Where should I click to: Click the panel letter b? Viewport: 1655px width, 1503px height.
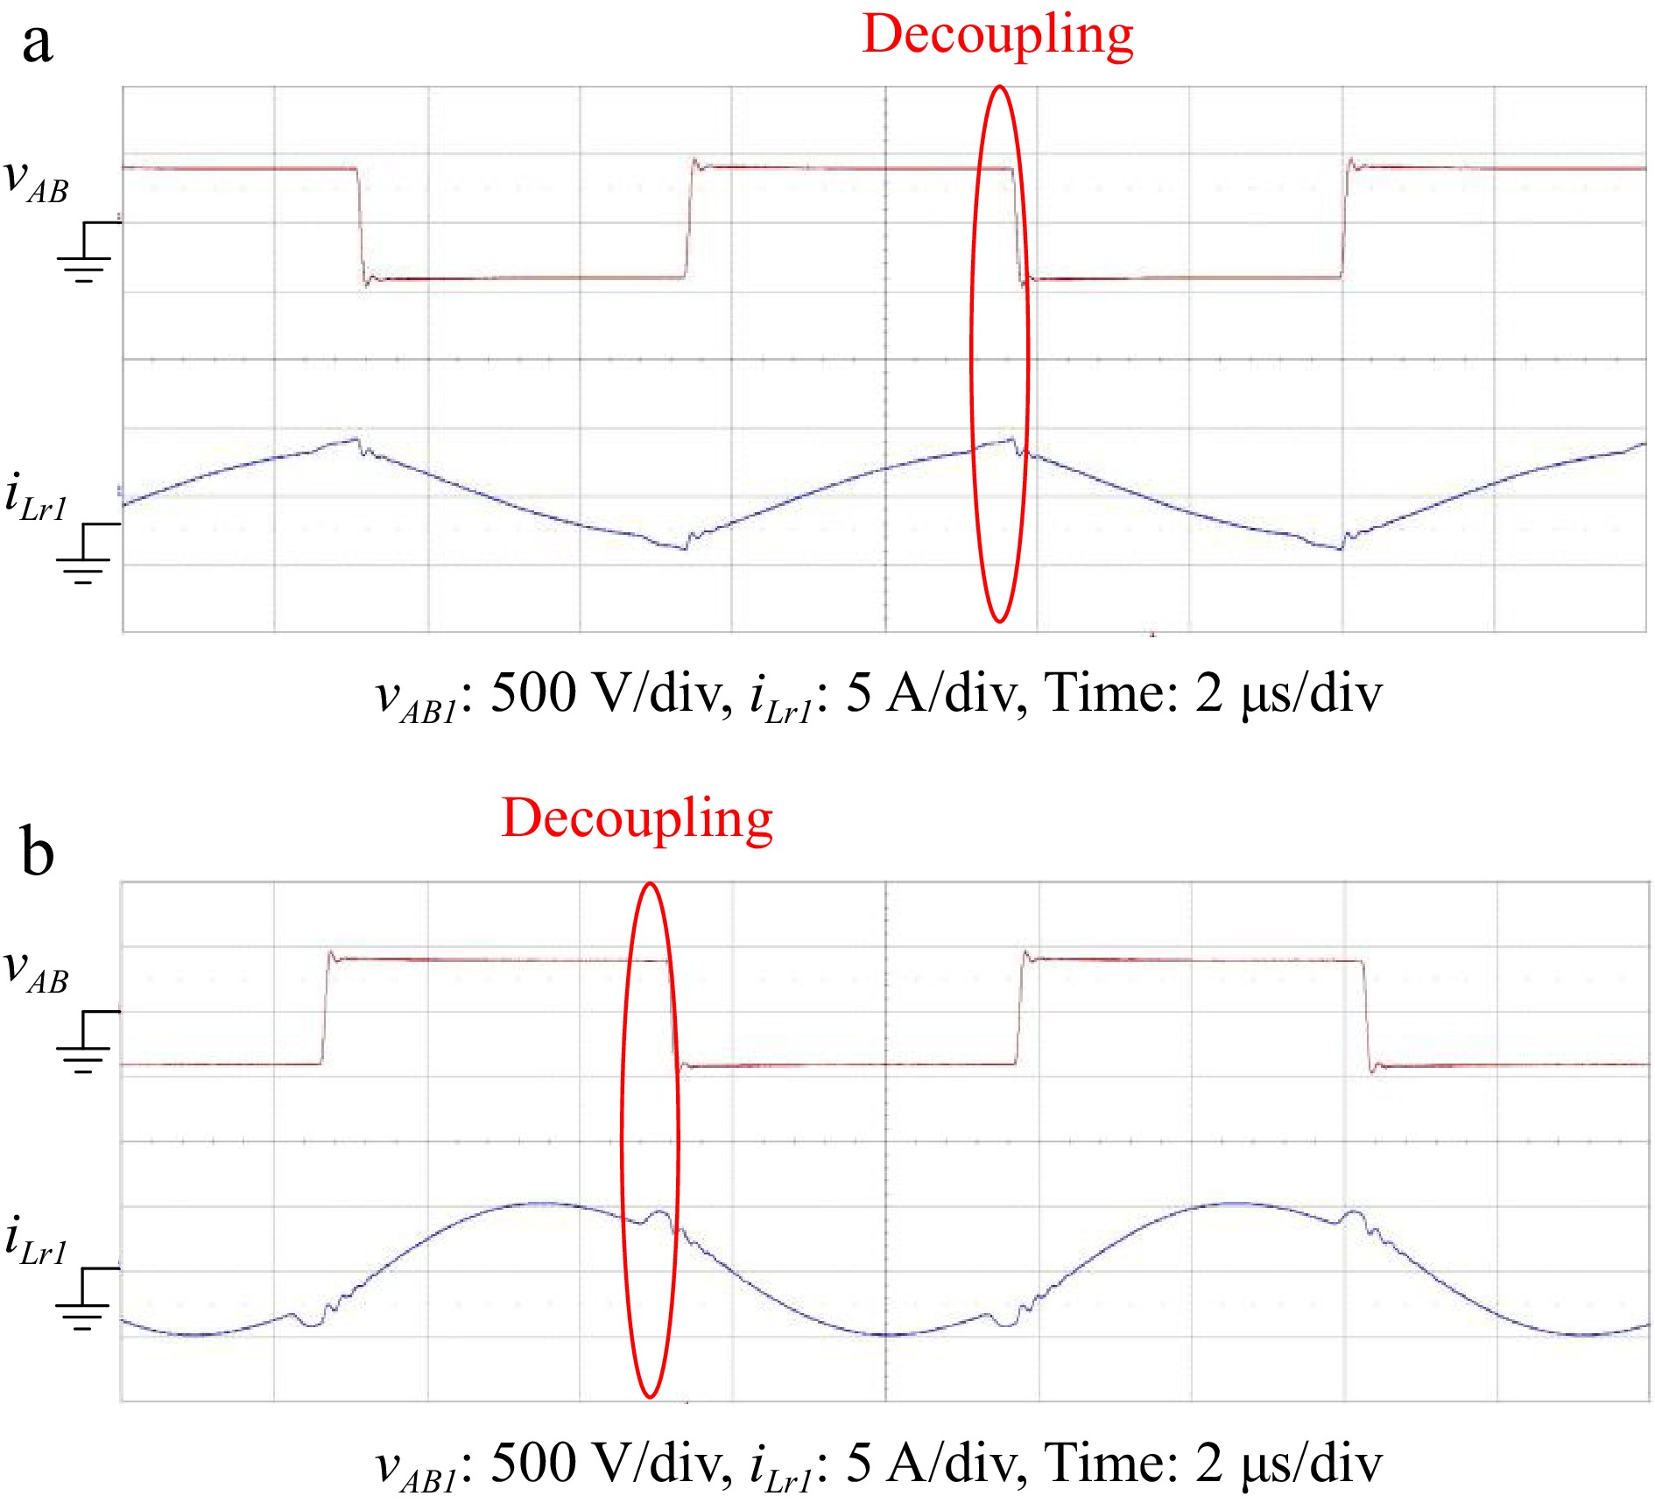37,851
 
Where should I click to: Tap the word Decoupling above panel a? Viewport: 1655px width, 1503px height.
997,37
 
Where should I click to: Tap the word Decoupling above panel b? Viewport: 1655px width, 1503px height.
637,820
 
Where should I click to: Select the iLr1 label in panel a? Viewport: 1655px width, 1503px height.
36,496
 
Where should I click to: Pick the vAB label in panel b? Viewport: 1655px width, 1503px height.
36,971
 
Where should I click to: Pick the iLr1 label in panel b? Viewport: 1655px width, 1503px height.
36,1241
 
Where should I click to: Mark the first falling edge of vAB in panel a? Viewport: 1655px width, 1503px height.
361,223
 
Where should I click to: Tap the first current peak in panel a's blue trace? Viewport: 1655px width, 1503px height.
355,439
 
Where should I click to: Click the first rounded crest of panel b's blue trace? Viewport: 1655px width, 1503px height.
536,1204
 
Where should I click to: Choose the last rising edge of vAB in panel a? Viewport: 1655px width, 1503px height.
1345,223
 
